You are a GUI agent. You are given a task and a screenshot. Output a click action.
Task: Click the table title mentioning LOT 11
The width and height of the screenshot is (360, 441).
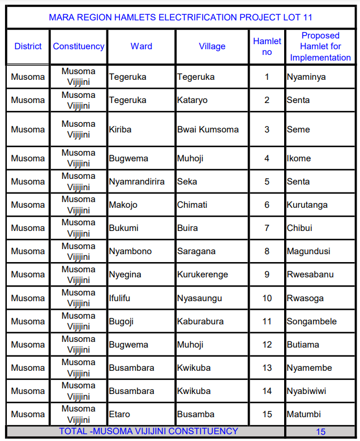180,18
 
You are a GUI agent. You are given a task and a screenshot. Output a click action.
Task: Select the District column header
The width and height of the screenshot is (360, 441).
28,46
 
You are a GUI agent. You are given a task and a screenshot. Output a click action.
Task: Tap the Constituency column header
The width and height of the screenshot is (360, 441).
79,46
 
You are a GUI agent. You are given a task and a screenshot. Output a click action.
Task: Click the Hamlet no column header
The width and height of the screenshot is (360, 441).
267,46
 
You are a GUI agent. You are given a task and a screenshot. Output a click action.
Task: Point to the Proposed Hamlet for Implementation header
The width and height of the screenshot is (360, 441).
320,46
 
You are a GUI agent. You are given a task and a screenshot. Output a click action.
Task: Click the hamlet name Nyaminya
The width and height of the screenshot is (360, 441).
306,77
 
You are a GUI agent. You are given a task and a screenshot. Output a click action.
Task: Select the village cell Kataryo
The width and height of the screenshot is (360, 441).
192,100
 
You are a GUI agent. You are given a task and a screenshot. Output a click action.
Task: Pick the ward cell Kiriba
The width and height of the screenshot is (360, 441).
120,130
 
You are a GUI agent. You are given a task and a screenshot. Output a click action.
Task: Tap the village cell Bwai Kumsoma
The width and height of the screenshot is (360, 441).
208,130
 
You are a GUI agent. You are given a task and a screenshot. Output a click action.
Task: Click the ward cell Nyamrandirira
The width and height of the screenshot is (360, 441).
137,182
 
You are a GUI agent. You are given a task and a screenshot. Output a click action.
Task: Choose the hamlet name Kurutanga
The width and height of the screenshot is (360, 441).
307,205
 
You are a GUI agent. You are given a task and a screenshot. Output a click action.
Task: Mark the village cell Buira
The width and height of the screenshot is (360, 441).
187,228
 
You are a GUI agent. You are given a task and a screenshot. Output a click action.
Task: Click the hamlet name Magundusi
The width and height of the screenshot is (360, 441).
308,251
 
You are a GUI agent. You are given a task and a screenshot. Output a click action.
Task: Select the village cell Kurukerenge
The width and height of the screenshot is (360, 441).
203,275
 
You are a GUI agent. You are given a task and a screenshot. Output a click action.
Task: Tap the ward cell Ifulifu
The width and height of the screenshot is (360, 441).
119,298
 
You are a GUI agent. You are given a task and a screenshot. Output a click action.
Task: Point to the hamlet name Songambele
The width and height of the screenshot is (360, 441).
311,322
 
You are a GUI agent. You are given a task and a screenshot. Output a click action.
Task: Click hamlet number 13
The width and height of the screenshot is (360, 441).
267,368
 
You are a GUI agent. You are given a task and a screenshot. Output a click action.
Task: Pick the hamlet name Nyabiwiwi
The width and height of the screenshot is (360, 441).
306,391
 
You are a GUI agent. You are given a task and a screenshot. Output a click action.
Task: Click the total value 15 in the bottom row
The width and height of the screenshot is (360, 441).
320,432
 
